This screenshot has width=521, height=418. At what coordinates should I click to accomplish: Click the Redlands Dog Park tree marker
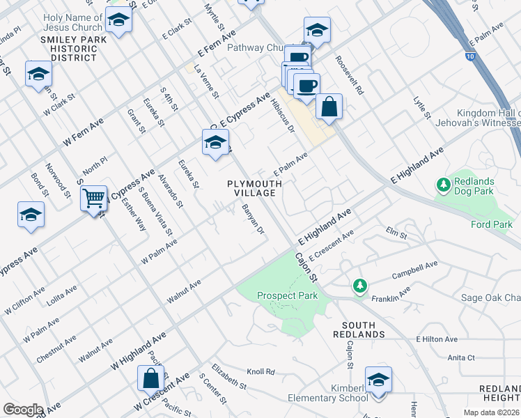pyautogui.click(x=443, y=185)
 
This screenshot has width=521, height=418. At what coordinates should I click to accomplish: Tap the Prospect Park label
pyautogui.click(x=287, y=295)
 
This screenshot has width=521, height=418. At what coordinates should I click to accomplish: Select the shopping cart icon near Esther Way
pyautogui.click(x=93, y=199)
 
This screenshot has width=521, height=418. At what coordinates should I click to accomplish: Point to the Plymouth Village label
pyautogui.click(x=255, y=188)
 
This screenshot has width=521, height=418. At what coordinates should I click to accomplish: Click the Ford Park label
pyautogui.click(x=492, y=224)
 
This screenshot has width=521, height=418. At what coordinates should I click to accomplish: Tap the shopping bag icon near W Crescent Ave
pyautogui.click(x=150, y=380)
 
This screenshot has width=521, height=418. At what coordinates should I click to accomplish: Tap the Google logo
pyautogui.click(x=23, y=410)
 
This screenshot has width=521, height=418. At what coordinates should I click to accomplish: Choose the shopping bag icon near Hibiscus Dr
pyautogui.click(x=329, y=107)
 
